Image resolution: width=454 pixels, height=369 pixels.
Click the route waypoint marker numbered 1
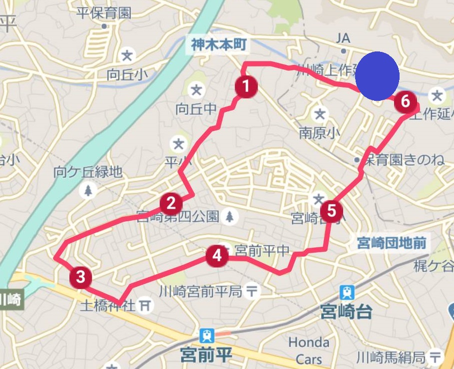246,87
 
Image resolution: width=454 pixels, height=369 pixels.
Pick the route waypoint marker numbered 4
217,255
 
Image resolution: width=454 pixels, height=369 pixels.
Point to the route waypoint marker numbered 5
332,211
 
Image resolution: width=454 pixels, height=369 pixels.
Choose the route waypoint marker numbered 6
405,102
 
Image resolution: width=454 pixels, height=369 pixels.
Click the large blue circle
377,75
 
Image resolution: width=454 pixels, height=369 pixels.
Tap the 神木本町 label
219,45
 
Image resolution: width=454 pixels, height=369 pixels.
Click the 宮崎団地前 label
392,243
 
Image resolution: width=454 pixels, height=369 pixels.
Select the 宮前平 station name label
207,356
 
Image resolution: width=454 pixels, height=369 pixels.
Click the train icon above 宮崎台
347,292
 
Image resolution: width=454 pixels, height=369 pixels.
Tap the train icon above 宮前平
206,335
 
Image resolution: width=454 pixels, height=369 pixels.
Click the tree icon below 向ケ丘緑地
88,190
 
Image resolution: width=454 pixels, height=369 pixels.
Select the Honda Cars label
309,351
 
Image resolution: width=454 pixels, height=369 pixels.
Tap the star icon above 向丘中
197,90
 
